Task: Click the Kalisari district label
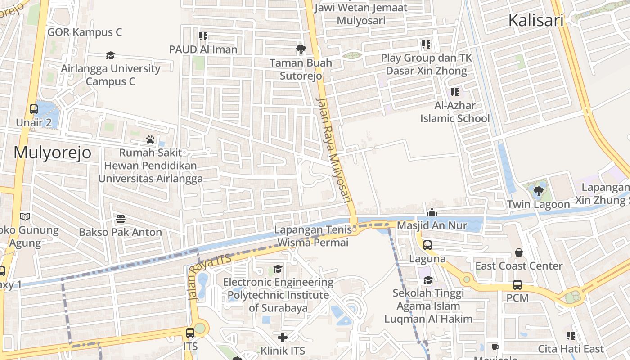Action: tap(535, 20)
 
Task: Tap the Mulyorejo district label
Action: tap(52, 153)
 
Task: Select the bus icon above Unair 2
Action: tap(34, 109)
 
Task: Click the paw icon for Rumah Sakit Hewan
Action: tap(150, 139)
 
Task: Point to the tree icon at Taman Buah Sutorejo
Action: tap(301, 49)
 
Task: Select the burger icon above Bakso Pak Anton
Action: tap(120, 219)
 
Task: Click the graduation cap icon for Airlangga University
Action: tap(110, 55)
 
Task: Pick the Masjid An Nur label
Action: tap(432, 225)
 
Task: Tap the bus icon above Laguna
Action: tap(427, 245)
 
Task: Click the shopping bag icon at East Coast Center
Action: tap(519, 253)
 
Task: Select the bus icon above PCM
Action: tap(517, 285)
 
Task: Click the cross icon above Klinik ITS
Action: tap(283, 337)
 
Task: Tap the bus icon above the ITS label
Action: tap(190, 333)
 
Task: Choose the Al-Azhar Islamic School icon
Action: tap(455, 92)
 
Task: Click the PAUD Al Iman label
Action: tap(203, 49)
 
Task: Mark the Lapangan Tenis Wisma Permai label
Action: tap(313, 236)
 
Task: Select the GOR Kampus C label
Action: tap(85, 32)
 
